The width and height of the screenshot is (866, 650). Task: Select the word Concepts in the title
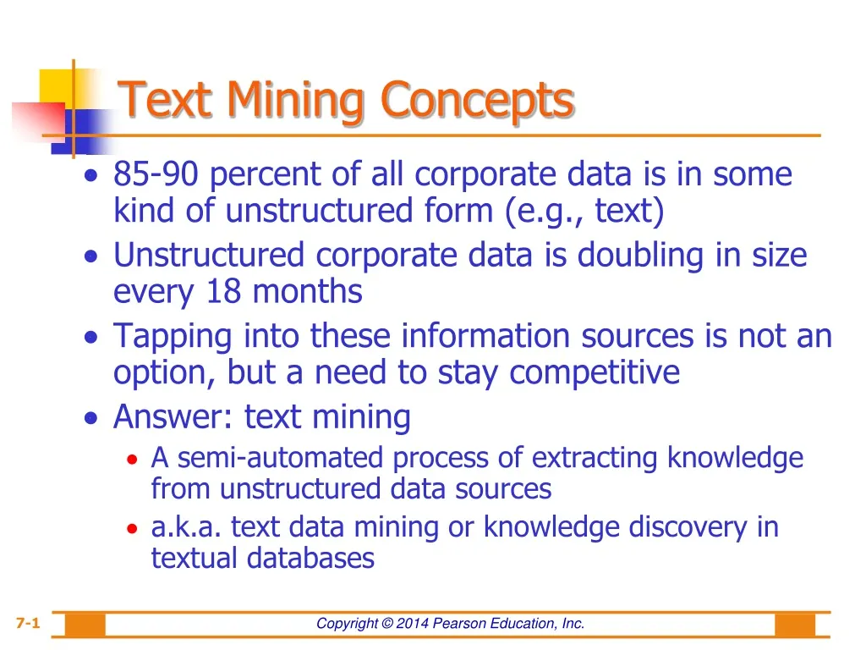(x=477, y=100)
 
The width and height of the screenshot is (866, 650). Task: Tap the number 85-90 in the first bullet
(x=156, y=175)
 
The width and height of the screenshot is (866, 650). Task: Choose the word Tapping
(x=173, y=337)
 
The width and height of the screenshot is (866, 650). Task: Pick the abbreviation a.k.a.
(x=187, y=527)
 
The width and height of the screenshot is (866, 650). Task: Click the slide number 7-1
(x=27, y=624)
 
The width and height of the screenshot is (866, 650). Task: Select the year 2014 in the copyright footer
(x=413, y=624)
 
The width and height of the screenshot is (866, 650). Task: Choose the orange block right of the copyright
(x=795, y=625)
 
